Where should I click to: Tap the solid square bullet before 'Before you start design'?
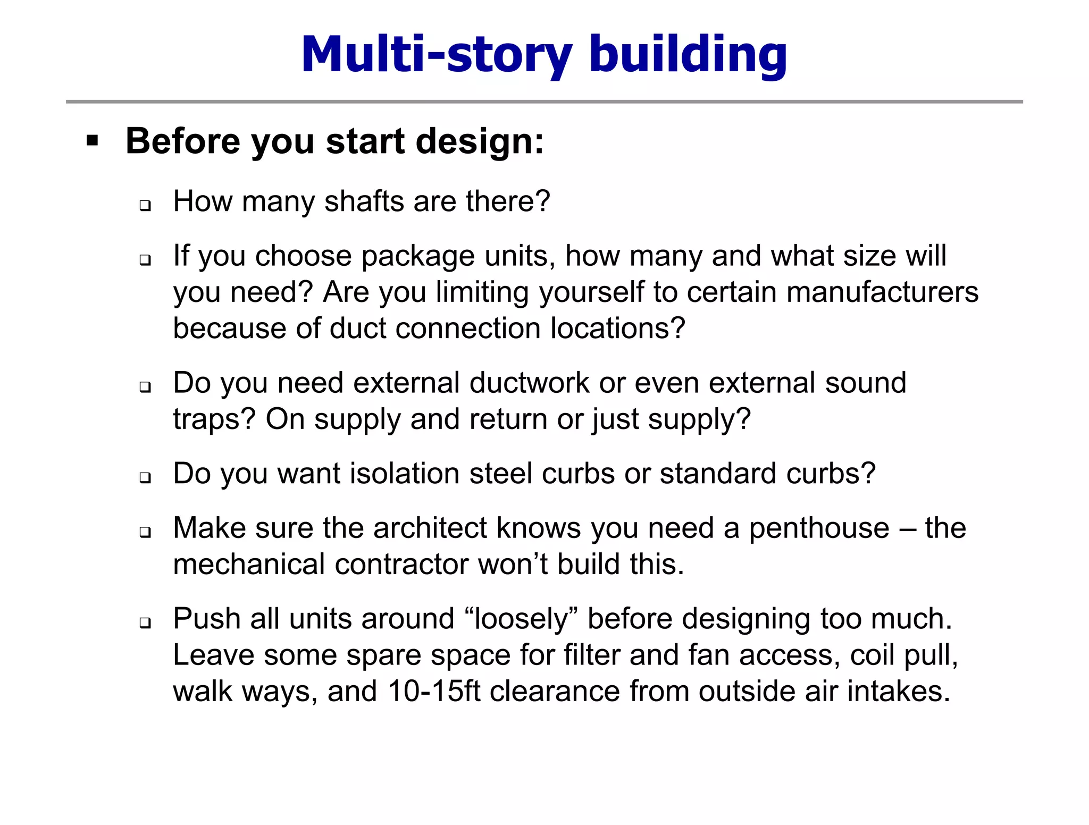pos(93,141)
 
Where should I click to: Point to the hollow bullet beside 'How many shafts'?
pos(145,205)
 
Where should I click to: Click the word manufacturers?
pos(882,292)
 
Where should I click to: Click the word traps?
pos(215,419)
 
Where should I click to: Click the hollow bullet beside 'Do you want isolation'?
pos(145,477)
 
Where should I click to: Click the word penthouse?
pos(819,528)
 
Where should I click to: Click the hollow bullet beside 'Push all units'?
pos(145,622)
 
